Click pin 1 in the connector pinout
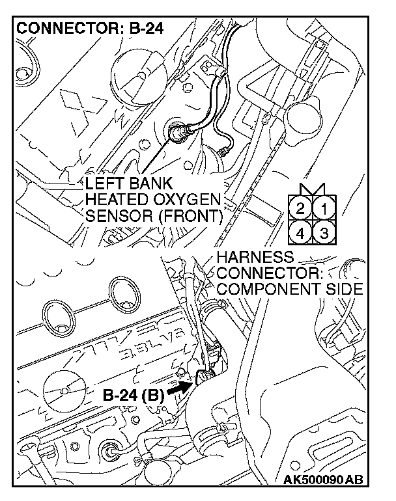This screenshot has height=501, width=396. pos(324,210)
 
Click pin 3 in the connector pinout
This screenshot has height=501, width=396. pos(324,232)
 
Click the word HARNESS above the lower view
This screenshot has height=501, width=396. pos(255,257)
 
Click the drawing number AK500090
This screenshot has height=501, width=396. pos(314,480)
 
